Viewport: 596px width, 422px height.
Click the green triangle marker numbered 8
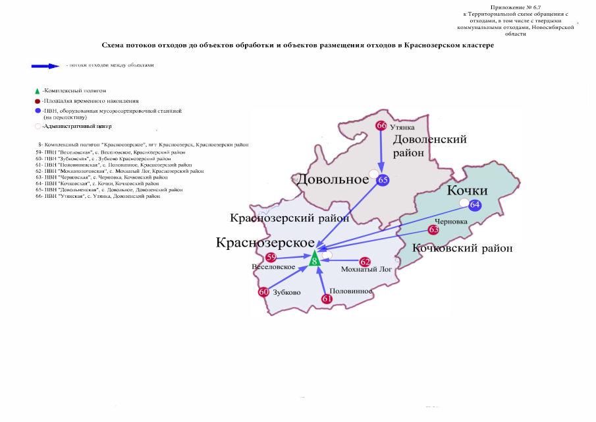click(x=315, y=260)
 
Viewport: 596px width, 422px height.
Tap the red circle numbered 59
click(x=271, y=258)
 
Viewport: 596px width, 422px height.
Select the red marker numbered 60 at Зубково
click(x=263, y=292)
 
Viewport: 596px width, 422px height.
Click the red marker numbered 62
click(x=366, y=262)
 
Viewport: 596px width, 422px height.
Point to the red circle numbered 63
click(x=433, y=229)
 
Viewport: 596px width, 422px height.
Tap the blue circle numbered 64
click(x=475, y=205)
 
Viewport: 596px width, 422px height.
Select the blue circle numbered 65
click(x=384, y=179)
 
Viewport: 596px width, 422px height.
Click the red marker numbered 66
click(x=381, y=125)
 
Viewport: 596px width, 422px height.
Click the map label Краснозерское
click(x=264, y=242)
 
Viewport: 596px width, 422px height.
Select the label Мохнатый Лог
click(x=367, y=270)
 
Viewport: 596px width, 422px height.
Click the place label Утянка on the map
click(x=402, y=125)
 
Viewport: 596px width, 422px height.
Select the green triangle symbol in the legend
click(x=37, y=90)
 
